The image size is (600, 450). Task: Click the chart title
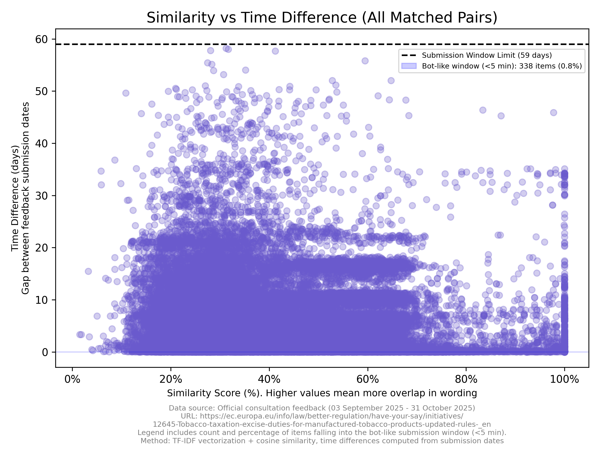point(322,18)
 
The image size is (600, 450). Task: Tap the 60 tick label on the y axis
point(41,39)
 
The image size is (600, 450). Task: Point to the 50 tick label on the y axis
point(41,91)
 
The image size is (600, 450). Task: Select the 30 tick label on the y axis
point(41,195)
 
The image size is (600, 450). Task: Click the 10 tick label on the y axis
point(41,300)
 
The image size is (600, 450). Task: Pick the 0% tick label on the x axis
point(72,379)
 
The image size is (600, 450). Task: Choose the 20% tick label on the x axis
point(170,379)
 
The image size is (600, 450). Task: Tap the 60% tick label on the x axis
point(367,379)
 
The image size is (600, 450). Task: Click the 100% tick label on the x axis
point(564,379)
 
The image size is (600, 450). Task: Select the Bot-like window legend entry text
point(502,66)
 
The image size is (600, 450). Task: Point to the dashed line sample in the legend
point(409,55)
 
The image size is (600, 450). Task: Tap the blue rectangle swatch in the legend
point(409,66)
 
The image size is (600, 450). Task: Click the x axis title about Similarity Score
point(322,393)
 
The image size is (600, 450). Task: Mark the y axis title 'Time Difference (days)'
point(15,198)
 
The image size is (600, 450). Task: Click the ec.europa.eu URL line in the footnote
point(322,416)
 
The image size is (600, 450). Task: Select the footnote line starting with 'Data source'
point(322,408)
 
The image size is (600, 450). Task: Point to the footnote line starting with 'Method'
point(322,441)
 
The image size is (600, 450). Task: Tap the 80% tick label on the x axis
point(466,379)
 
